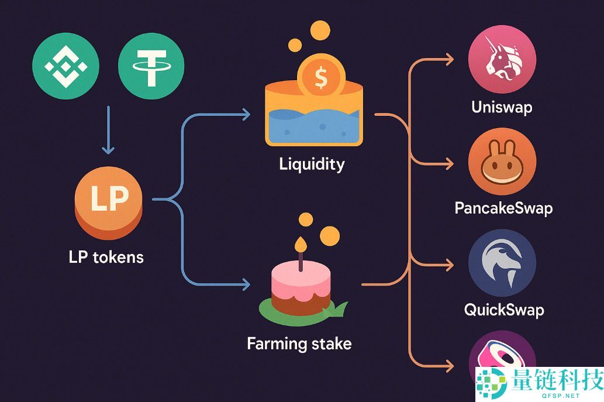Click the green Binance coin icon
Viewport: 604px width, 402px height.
click(x=66, y=66)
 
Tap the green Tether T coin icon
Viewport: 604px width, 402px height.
click(x=151, y=66)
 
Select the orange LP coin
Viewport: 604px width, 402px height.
click(x=109, y=202)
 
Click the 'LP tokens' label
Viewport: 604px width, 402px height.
click(x=106, y=256)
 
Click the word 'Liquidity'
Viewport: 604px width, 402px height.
click(x=312, y=163)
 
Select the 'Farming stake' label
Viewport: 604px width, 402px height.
click(x=299, y=343)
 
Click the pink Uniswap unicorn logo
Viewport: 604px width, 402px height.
click(x=502, y=59)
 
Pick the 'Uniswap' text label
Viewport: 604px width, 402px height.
click(x=502, y=107)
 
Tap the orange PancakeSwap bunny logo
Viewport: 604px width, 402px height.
click(x=502, y=161)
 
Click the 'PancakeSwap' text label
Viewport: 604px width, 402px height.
click(x=503, y=208)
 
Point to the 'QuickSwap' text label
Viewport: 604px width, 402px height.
click(x=503, y=309)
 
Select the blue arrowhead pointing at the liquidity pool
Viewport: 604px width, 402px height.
click(x=246, y=114)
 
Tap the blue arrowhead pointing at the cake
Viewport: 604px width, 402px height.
click(x=246, y=285)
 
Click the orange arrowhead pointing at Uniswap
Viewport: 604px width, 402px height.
click(x=449, y=59)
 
